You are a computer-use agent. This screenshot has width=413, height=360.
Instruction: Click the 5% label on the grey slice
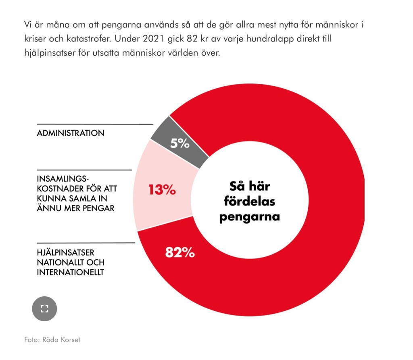[179, 143]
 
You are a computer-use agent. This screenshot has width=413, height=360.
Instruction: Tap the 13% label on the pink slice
[162, 189]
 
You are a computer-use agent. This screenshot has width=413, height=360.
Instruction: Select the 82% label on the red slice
[180, 252]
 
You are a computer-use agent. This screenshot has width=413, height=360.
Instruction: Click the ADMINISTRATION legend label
[71, 133]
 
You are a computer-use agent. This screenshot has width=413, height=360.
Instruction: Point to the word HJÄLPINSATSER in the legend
[66, 253]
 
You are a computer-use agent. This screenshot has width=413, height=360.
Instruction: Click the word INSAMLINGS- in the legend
[63, 179]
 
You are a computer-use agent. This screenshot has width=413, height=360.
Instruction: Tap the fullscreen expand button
[44, 309]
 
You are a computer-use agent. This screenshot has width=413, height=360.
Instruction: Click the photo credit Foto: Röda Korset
[52, 340]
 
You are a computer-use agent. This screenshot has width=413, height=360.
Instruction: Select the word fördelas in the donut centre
[250, 202]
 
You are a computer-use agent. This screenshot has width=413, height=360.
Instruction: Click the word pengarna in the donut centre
[250, 217]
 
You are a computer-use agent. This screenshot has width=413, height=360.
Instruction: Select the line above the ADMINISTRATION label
[95, 124]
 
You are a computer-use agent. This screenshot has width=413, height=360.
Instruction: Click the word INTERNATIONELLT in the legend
[71, 272]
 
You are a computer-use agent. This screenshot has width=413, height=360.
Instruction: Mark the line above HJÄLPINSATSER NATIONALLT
[86, 243]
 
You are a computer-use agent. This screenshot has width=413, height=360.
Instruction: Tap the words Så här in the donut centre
[250, 186]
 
